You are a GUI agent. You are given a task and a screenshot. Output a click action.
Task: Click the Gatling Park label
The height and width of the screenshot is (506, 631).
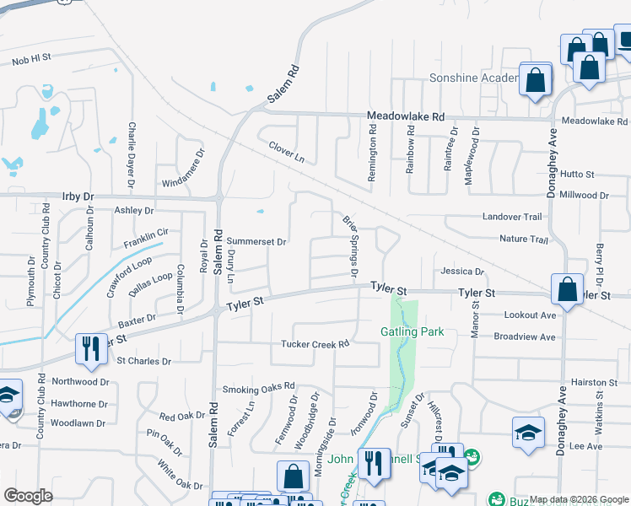pyautogui.click(x=412, y=331)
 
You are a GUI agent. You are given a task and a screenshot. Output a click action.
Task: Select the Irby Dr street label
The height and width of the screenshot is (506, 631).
pyautogui.click(x=78, y=196)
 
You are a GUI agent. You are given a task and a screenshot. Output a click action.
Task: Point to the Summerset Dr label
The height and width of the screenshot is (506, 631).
pyautogui.click(x=257, y=242)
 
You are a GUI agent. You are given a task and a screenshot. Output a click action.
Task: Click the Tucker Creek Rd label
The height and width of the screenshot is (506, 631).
pyautogui.click(x=315, y=344)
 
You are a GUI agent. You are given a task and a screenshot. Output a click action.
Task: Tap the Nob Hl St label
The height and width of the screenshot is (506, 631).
pyautogui.click(x=32, y=60)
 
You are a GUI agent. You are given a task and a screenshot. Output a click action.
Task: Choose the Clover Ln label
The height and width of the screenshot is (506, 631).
pyautogui.click(x=286, y=152)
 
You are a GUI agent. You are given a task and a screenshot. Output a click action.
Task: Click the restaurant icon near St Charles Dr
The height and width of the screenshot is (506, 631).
pyautogui.click(x=88, y=348)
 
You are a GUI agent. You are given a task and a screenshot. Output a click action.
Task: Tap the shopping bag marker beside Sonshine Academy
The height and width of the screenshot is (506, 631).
pyautogui.click(x=535, y=81)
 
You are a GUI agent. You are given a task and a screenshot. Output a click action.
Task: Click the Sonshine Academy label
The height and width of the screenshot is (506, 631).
pyautogui.click(x=472, y=78)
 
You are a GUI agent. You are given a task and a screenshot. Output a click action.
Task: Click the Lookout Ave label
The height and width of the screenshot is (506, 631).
pyautogui.click(x=530, y=315)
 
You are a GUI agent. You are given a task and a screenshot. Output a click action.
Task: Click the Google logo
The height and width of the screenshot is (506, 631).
pyautogui.click(x=28, y=496)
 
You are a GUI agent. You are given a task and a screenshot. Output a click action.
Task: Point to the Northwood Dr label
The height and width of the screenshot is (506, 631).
pyautogui.click(x=81, y=381)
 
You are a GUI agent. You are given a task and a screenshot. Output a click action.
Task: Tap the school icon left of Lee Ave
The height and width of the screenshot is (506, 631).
pyautogui.click(x=528, y=433)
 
